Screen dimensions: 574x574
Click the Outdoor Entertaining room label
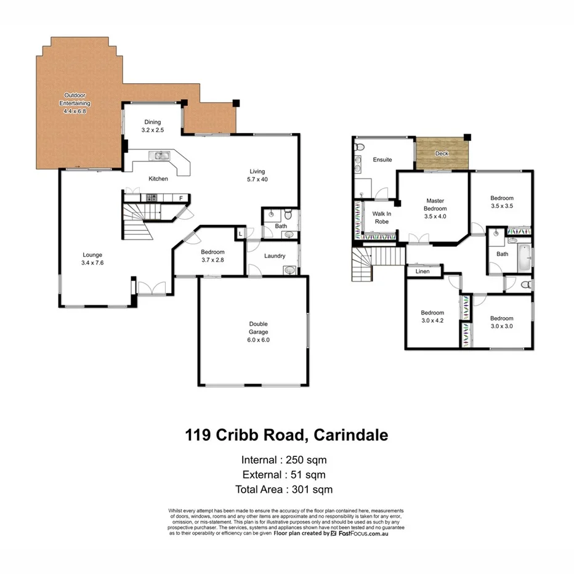75,103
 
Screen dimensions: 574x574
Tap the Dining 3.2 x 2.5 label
153,126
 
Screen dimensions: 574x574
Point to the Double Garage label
258,331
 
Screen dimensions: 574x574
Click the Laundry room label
274,256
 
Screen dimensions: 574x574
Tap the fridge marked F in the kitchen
181,198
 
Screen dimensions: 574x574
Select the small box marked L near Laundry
240,234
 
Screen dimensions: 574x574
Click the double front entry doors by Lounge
151,288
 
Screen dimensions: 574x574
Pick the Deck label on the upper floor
442,153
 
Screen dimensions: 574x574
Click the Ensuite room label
382,160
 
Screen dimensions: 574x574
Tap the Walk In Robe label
382,217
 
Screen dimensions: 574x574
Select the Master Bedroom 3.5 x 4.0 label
435,208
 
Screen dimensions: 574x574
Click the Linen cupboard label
422,271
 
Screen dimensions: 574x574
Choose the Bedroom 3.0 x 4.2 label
432,316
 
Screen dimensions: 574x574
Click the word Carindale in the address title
351,435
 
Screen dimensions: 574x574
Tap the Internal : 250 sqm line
284,459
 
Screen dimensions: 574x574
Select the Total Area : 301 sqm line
284,490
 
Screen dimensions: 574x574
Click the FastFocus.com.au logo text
363,533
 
